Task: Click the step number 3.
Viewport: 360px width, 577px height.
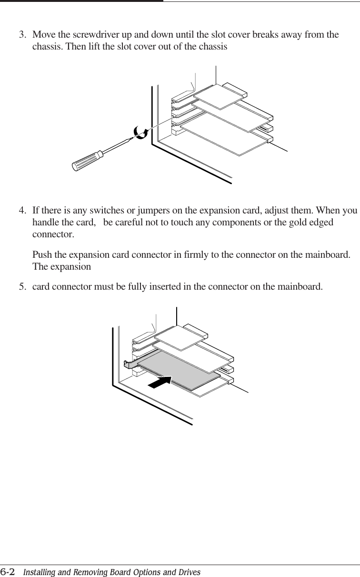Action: coord(21,35)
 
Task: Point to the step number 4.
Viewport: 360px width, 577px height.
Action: coord(21,211)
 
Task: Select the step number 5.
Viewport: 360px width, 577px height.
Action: coord(21,287)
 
